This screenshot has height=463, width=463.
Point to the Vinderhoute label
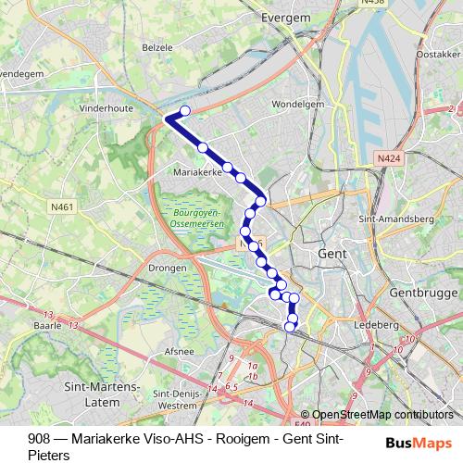pos(106,108)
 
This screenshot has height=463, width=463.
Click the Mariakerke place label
pos(196,172)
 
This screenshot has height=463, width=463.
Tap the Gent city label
pos(331,253)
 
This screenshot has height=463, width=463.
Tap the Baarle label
pos(47,326)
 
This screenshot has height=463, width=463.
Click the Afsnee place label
pos(179,351)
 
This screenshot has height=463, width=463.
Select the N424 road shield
pos(389,159)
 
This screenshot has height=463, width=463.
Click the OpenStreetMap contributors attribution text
pos(383,415)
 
